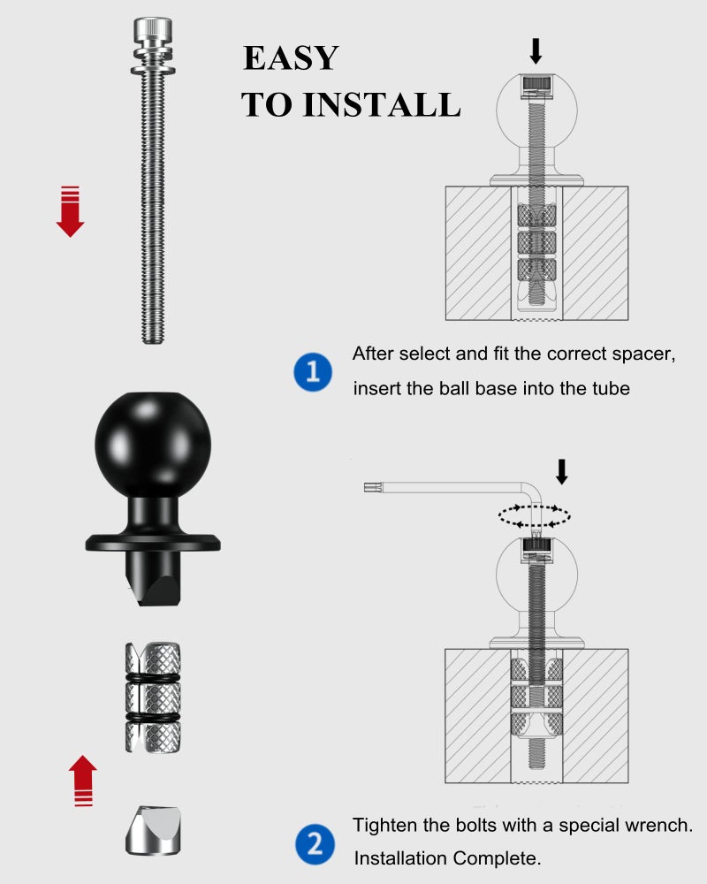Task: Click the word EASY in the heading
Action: tap(291, 58)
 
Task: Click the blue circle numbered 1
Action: tap(312, 371)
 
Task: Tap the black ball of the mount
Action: tap(152, 439)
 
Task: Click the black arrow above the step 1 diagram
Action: tap(535, 50)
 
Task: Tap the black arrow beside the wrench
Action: tap(561, 471)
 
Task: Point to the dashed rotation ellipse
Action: tap(534, 515)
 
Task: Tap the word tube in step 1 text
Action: tap(611, 388)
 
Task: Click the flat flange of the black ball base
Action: tap(152, 541)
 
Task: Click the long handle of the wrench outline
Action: tap(442, 485)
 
